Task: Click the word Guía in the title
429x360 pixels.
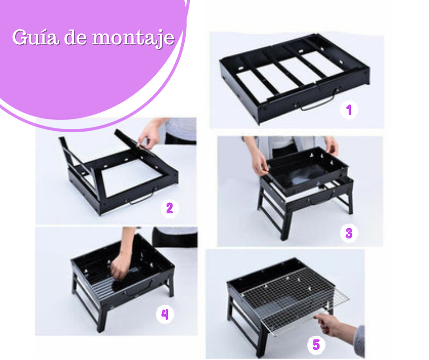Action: click(x=35, y=37)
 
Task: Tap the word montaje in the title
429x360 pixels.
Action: click(x=133, y=38)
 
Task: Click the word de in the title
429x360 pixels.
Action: click(x=75, y=37)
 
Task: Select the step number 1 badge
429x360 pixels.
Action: click(x=349, y=110)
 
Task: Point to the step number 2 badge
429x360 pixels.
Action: click(x=170, y=208)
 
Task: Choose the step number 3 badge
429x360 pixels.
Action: click(x=349, y=233)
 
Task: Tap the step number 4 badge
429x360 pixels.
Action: click(x=165, y=314)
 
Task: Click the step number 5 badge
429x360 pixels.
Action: click(x=316, y=344)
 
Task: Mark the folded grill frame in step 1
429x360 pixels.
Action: click(x=294, y=78)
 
